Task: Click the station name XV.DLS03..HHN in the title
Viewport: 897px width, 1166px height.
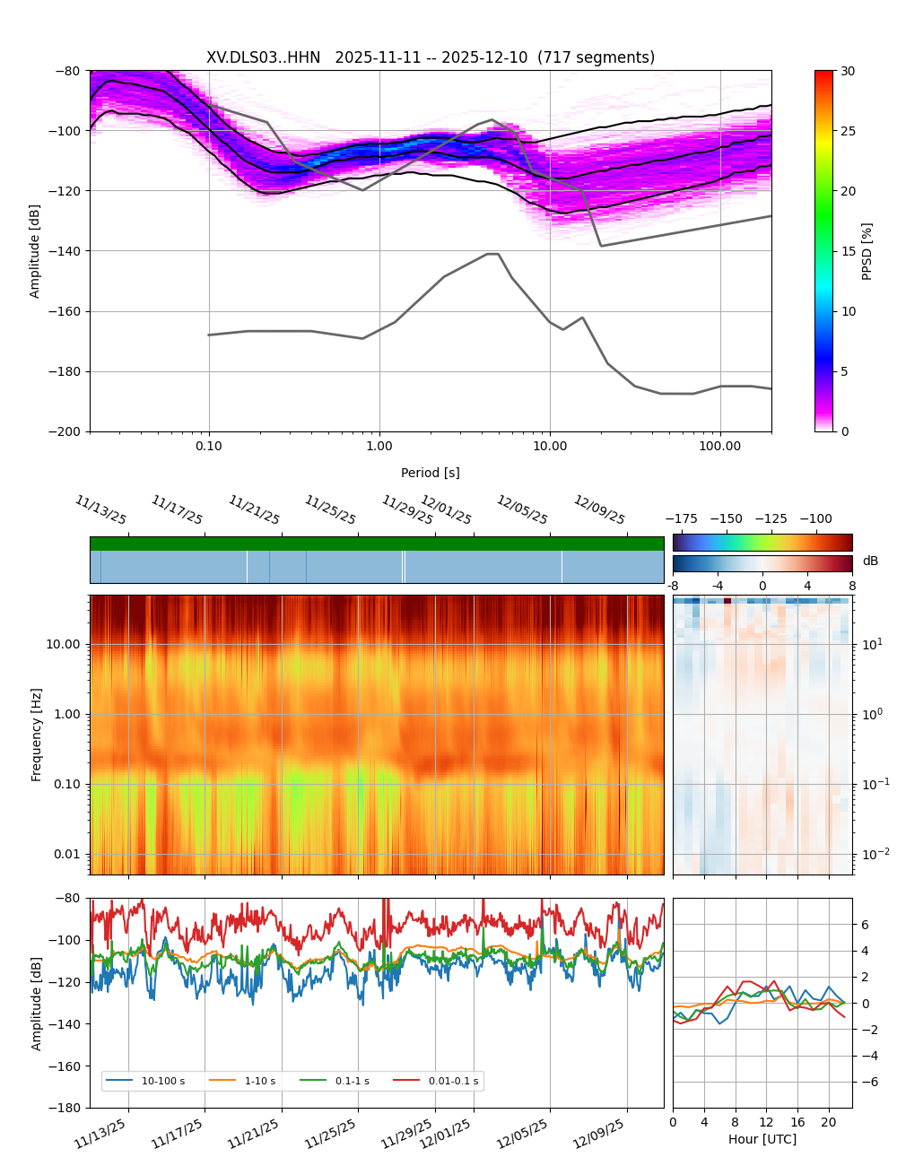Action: pos(263,57)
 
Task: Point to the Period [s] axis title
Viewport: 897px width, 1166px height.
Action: pos(430,473)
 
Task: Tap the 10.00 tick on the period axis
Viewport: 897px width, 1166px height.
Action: pos(550,446)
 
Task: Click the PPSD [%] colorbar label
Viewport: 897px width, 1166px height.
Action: pos(867,251)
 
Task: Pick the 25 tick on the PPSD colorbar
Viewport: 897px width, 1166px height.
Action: pos(848,131)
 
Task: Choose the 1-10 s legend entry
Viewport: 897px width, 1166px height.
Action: pos(259,1081)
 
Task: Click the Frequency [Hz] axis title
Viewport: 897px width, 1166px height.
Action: pos(37,735)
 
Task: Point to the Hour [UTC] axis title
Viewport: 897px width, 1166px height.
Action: pos(762,1139)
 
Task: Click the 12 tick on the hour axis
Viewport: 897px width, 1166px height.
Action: pos(766,1122)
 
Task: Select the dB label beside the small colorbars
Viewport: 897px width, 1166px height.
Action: pos(870,561)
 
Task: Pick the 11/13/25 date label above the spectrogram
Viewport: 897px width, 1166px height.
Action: pos(100,509)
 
